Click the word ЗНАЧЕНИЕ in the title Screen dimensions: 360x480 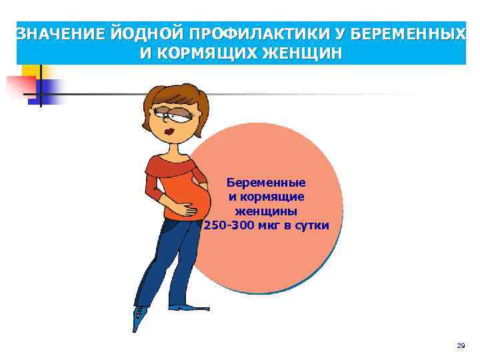click(x=55, y=34)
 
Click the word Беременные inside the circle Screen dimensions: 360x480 click(x=266, y=182)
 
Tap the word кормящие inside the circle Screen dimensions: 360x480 click(x=275, y=197)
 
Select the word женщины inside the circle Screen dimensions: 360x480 click(x=266, y=211)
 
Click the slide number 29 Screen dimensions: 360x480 click(x=461, y=346)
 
